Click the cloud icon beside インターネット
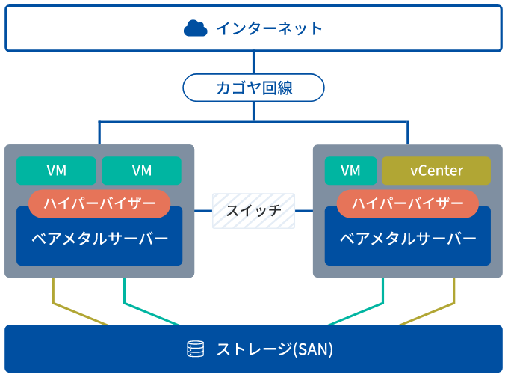tap(195, 28)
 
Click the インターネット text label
tap(269, 28)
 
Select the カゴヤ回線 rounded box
tap(253, 88)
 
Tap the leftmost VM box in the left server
tap(56, 171)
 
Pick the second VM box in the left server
tap(141, 171)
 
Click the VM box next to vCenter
tap(350, 171)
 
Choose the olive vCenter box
tap(436, 171)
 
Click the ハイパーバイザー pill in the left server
tap(99, 203)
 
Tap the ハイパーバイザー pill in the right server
tap(408, 203)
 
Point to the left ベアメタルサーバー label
tap(99, 239)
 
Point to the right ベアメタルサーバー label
tap(408, 239)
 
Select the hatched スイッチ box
tap(253, 211)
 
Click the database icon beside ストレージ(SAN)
tap(195, 349)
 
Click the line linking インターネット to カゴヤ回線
tap(253, 62)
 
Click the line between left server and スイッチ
tap(203, 211)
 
